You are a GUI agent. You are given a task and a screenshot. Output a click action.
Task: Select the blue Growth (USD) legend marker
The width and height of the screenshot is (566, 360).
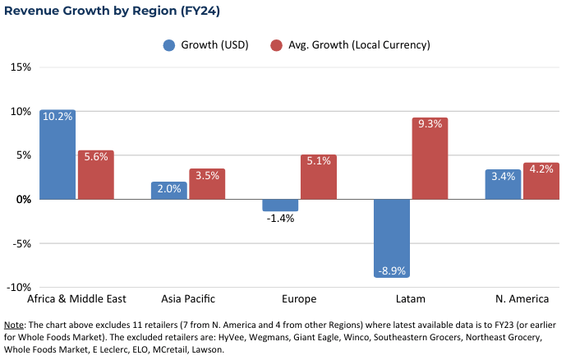[x=170, y=44]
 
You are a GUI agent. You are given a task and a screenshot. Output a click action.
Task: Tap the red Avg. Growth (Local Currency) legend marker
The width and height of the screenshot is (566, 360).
[x=277, y=44]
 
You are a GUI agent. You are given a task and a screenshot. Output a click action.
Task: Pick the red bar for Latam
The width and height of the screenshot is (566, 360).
[x=430, y=159]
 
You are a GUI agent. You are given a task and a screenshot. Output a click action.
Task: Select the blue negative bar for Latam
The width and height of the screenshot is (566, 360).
[x=392, y=238]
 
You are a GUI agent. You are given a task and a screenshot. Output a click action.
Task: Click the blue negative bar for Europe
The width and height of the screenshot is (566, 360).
[x=280, y=205]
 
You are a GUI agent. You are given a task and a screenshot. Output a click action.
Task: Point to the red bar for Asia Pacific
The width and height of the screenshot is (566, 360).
[x=207, y=184]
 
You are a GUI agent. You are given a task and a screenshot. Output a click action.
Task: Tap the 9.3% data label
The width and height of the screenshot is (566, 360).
[x=430, y=125]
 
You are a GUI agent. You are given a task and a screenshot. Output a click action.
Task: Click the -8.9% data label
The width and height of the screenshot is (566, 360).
[x=392, y=270]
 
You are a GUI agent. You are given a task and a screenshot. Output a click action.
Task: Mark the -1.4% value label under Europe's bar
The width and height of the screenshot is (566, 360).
[x=280, y=219]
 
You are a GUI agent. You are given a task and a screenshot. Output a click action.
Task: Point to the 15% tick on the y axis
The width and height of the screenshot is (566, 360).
[x=21, y=67]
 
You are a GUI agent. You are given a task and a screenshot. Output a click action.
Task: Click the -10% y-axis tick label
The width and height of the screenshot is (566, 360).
[x=18, y=288]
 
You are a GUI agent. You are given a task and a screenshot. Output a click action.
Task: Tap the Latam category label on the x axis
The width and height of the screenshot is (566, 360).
[x=411, y=299]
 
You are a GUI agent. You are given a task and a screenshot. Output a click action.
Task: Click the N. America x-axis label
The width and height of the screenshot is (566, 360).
[x=522, y=299]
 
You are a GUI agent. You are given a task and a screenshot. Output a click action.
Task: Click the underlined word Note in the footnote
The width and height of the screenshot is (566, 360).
[x=15, y=325]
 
